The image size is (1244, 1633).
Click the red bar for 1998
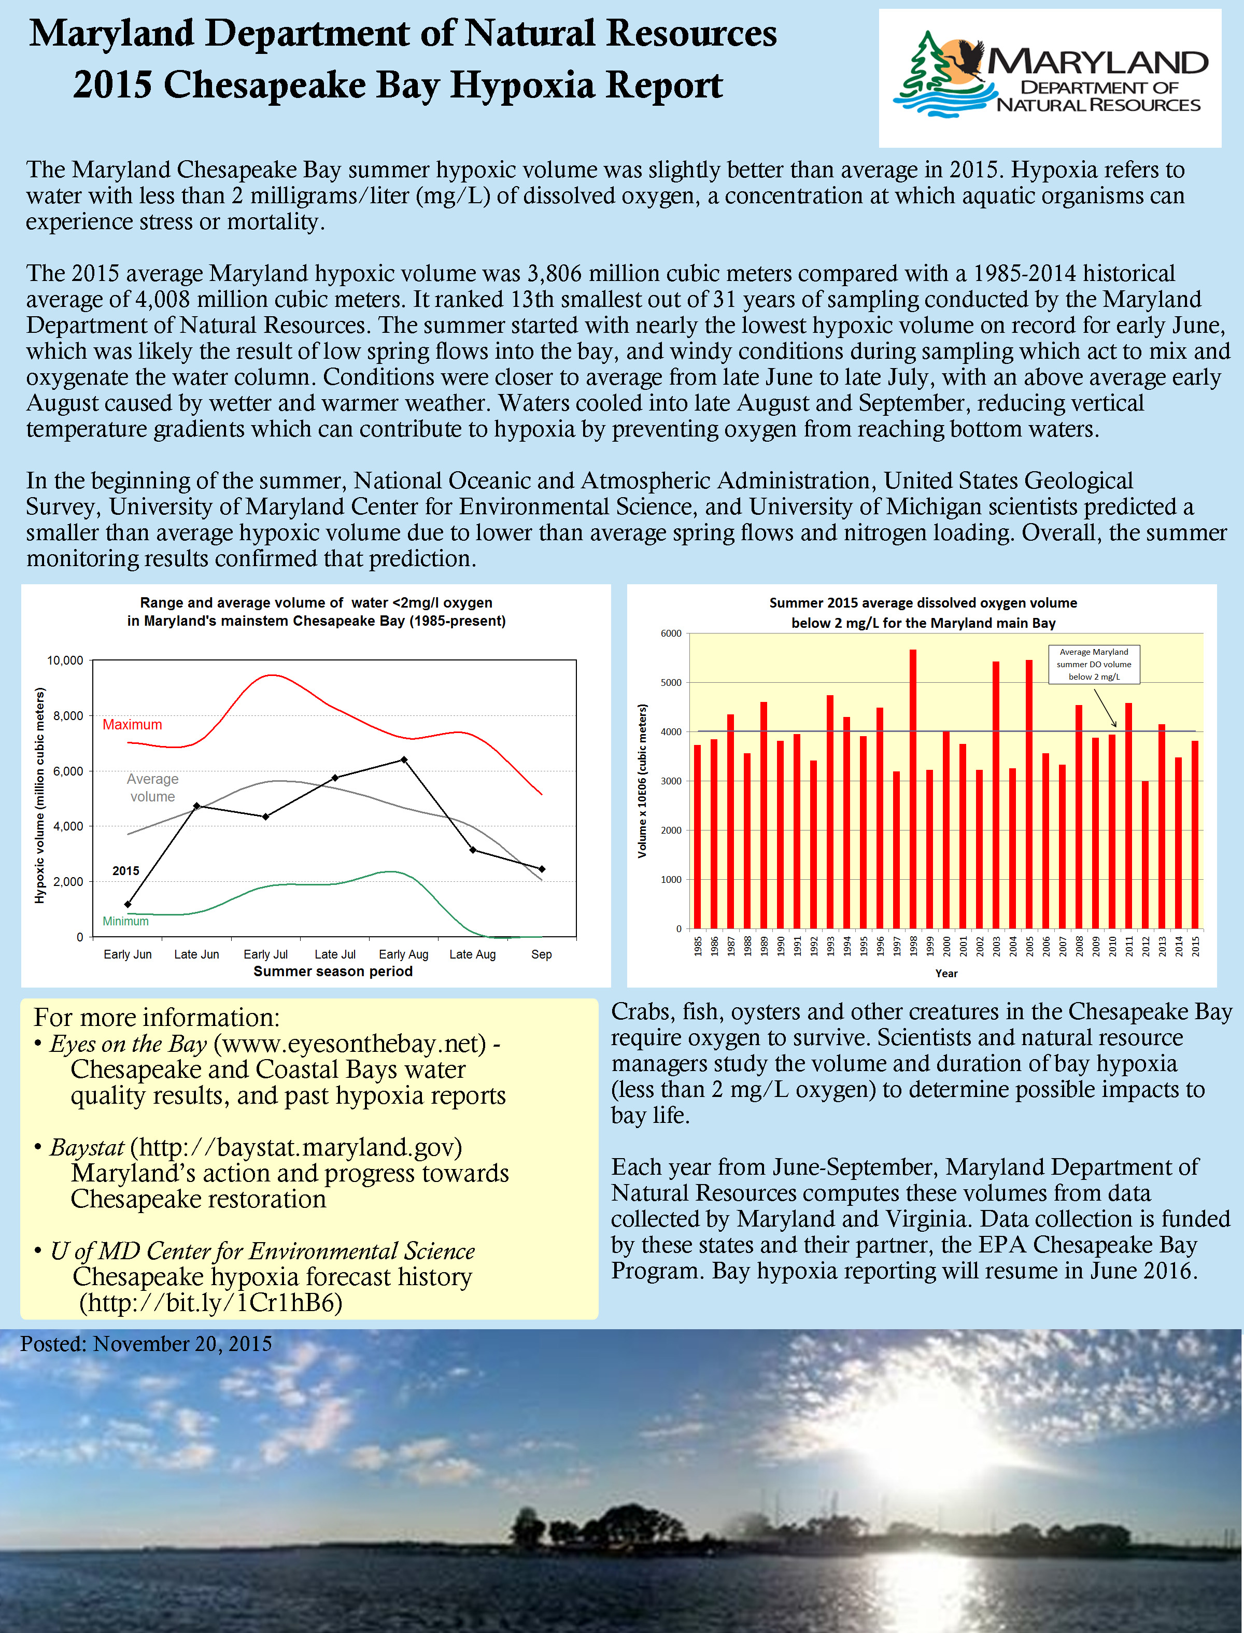[x=913, y=789]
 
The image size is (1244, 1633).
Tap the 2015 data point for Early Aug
[x=404, y=760]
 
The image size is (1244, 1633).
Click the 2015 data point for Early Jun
[x=128, y=904]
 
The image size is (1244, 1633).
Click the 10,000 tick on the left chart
[x=65, y=660]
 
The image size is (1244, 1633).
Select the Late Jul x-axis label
[x=335, y=954]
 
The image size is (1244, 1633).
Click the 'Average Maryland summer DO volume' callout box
[x=1094, y=664]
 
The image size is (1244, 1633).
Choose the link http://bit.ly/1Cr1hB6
[x=211, y=1303]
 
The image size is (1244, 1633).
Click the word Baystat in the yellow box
[x=87, y=1148]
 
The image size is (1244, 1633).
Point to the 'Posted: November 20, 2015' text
[x=146, y=1344]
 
